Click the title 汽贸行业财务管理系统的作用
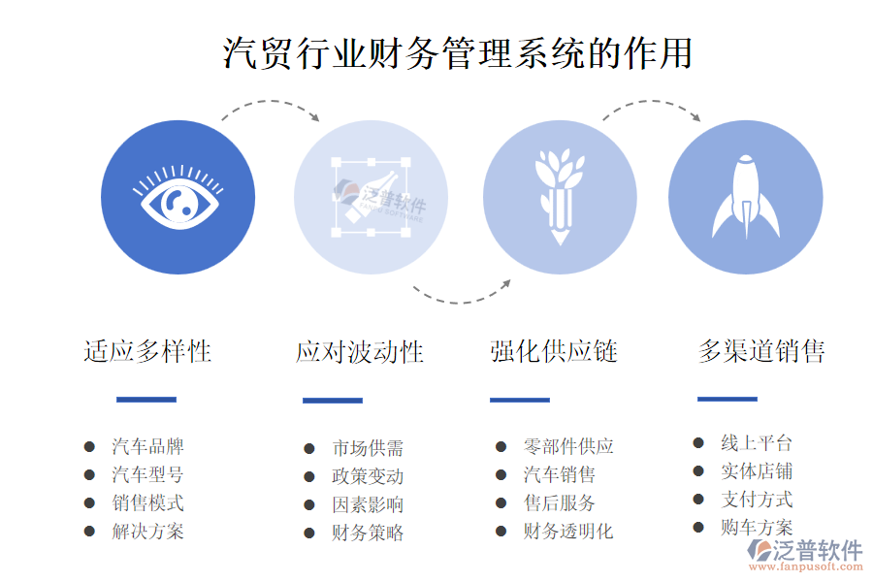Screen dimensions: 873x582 457,53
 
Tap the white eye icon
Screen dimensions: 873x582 178,197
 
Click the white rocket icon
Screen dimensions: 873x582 746,197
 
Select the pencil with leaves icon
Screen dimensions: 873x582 560,196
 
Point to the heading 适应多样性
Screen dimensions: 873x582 147,351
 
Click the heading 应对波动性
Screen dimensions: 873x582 360,352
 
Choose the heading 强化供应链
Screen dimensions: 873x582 554,351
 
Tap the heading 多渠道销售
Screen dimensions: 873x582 761,351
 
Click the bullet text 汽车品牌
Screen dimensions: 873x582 147,446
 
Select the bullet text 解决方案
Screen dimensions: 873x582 147,532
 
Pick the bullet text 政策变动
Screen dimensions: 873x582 368,476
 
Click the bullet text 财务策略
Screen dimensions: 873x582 368,533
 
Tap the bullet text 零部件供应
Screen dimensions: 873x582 568,446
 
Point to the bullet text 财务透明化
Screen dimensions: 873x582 568,532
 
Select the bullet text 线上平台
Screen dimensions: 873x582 757,443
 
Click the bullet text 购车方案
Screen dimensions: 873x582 757,527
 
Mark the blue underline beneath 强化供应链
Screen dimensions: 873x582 520,400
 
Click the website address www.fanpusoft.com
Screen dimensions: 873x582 806,566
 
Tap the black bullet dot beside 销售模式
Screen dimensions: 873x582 89,502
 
